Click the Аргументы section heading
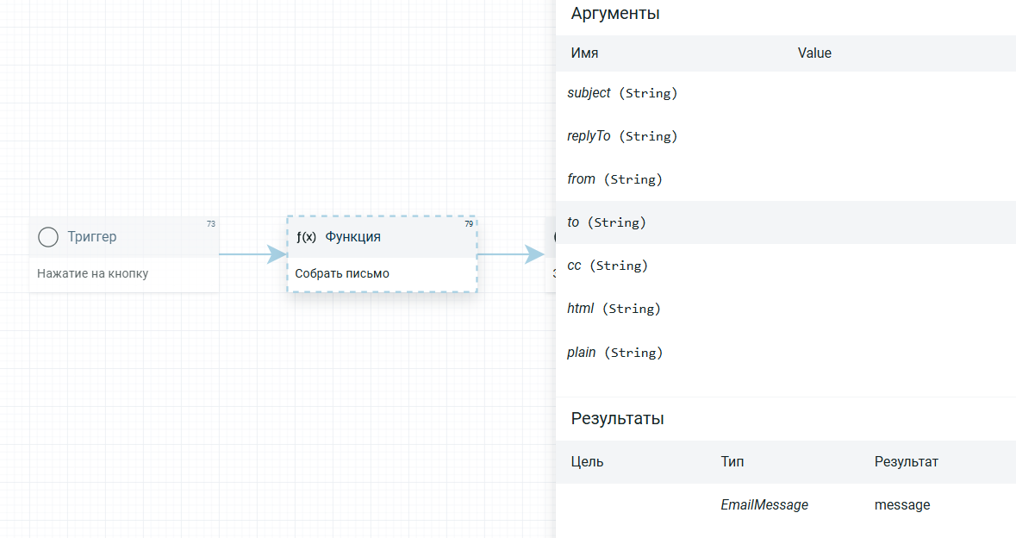tap(615, 14)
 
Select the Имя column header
tap(584, 53)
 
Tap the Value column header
tap(814, 53)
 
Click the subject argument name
tap(589, 93)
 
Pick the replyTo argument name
tap(589, 136)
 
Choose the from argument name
tap(581, 178)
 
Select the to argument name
tap(573, 222)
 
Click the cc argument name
tap(574, 265)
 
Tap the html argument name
tap(580, 309)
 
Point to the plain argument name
tap(581, 353)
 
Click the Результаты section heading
tap(618, 419)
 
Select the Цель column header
tap(587, 461)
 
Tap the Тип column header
tap(732, 461)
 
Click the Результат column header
tap(907, 461)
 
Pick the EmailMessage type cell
tap(764, 505)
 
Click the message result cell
tap(902, 505)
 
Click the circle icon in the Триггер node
tap(48, 237)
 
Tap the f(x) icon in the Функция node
tap(307, 236)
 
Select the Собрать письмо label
tap(342, 273)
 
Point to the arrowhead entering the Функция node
tap(277, 254)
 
